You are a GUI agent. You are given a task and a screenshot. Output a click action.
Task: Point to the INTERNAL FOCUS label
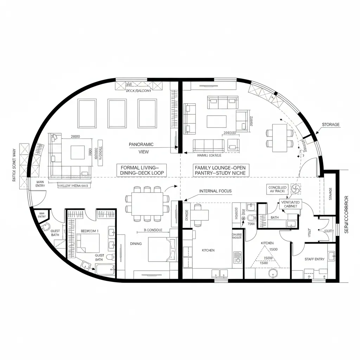click(x=216, y=191)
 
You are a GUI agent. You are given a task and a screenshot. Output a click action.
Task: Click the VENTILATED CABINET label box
click(x=290, y=204)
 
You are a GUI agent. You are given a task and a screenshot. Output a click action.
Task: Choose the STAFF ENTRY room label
click(x=314, y=259)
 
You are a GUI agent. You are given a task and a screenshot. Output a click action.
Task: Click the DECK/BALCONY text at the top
click(x=139, y=91)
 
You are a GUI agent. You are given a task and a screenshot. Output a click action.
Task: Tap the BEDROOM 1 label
click(x=90, y=231)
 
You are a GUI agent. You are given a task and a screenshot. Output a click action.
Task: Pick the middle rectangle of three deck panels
click(x=117, y=113)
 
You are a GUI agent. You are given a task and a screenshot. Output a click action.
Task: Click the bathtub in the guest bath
click(x=105, y=270)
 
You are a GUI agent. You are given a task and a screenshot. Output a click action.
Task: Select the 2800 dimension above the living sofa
click(x=76, y=136)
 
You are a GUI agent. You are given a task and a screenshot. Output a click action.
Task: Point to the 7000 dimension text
click(x=251, y=224)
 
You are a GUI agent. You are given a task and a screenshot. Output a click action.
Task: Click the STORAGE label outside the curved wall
click(x=330, y=124)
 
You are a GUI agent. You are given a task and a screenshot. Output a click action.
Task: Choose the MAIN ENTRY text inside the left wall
click(x=40, y=184)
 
